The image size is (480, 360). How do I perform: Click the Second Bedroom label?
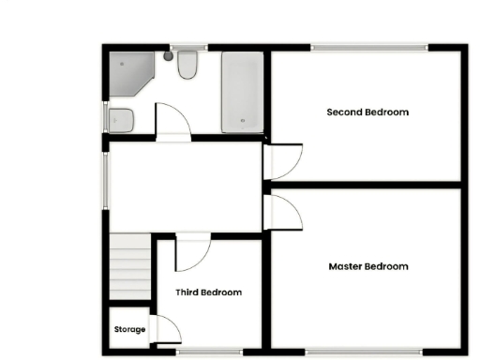coord(367,112)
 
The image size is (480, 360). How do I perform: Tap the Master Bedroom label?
coord(368,266)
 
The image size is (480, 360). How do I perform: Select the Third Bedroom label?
coord(208,292)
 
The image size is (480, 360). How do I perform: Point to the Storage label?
coord(130,330)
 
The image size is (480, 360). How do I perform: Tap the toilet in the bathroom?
coord(186,65)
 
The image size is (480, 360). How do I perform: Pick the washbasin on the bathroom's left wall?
coord(120,119)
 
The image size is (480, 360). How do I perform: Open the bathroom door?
coord(172,122)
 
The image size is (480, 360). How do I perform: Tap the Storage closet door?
coord(166,330)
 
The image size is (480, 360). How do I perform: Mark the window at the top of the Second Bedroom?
coord(367,45)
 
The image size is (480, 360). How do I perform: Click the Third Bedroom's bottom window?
coord(209,352)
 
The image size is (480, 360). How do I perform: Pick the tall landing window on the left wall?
coord(106,178)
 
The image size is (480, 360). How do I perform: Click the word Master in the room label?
coord(346,266)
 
